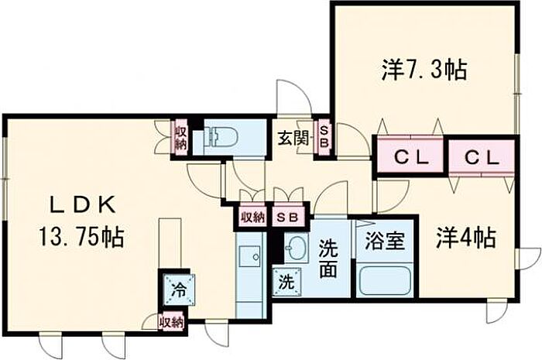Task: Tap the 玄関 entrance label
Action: click(x=293, y=139)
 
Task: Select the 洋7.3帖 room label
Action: click(x=425, y=70)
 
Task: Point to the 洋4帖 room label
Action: click(x=466, y=238)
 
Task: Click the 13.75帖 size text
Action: click(x=81, y=237)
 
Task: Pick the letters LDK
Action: click(x=83, y=206)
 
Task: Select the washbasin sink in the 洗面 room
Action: click(x=297, y=248)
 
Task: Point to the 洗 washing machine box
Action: click(x=287, y=283)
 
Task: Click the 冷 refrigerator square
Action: click(x=179, y=290)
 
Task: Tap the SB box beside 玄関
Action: click(x=324, y=137)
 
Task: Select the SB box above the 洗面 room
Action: click(x=289, y=218)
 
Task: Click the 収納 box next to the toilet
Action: click(x=180, y=138)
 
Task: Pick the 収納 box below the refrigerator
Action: click(x=171, y=323)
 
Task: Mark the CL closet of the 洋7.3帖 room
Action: click(x=410, y=157)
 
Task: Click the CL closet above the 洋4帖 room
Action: click(x=482, y=157)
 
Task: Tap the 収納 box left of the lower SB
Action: click(x=253, y=218)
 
